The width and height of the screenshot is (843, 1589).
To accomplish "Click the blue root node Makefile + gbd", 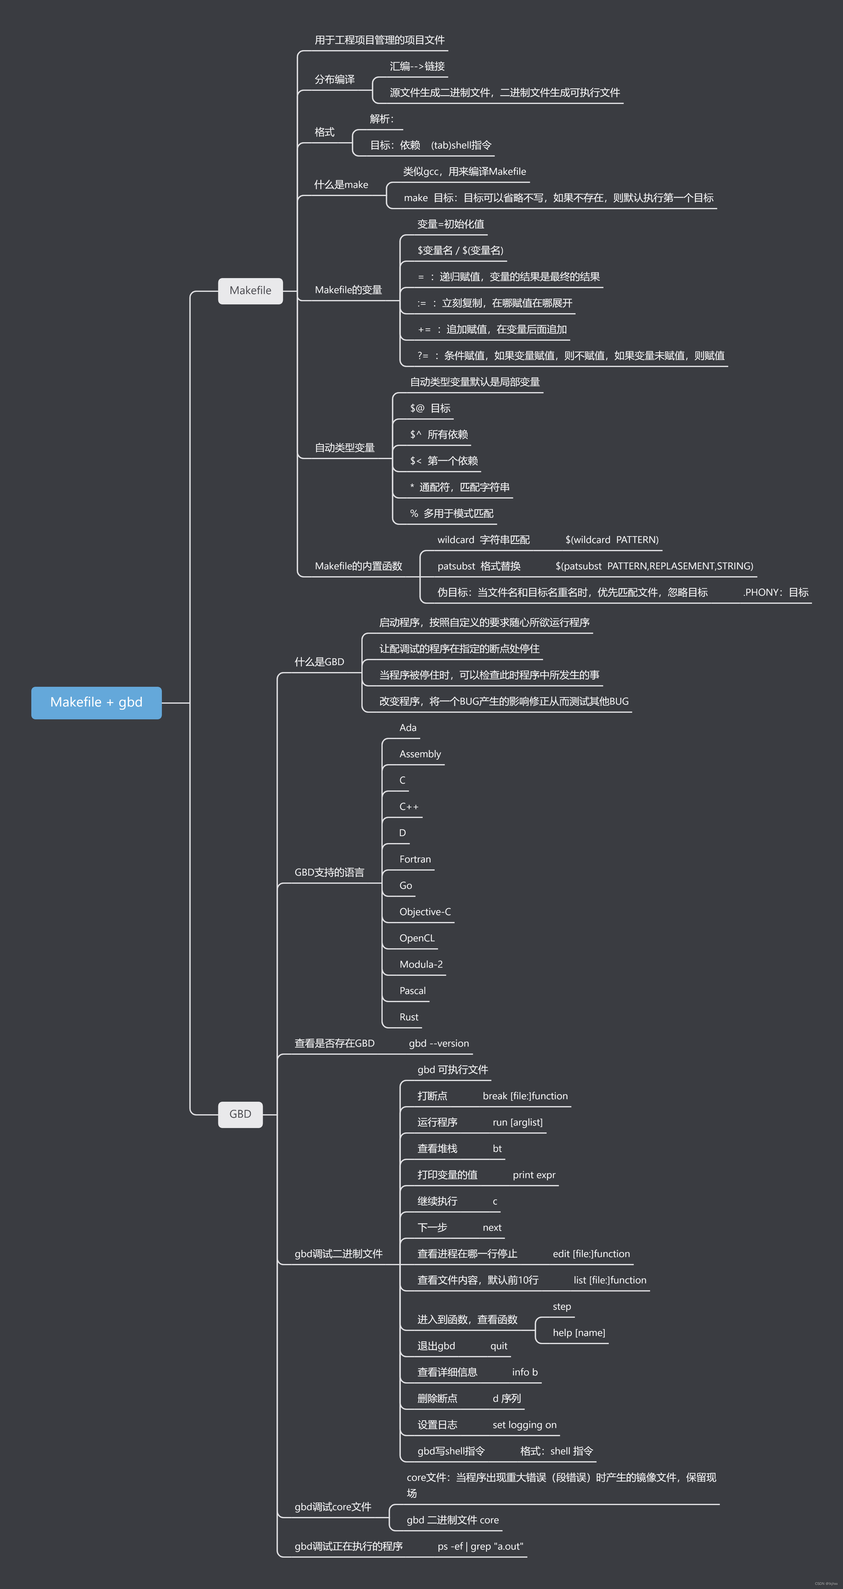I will pos(96,703).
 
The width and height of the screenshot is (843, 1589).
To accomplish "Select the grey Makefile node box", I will pos(251,291).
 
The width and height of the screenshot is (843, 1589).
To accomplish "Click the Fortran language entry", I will pos(415,859).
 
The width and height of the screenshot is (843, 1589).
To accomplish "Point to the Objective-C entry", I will pos(425,912).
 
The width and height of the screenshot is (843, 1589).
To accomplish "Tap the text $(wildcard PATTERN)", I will pos(612,540).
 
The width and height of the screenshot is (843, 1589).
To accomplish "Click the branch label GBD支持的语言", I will pos(329,872).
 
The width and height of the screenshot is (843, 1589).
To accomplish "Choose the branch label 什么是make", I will pos(341,184).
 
